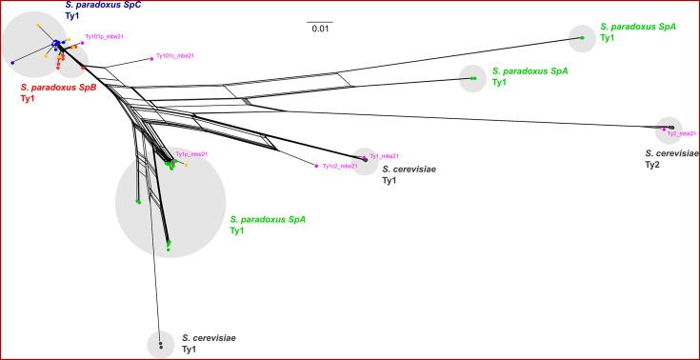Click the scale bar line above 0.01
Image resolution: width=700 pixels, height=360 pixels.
(320, 20)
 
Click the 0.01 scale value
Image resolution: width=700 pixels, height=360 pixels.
(320, 29)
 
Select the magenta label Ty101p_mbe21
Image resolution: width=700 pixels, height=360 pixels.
(106, 37)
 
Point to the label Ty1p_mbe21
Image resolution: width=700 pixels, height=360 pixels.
(191, 154)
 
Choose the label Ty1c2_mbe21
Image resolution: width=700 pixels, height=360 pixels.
(340, 166)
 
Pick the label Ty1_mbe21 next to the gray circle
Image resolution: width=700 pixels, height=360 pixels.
(384, 156)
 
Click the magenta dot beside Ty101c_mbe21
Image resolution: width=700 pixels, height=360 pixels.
(151, 58)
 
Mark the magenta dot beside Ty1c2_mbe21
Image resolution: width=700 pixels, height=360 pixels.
(316, 167)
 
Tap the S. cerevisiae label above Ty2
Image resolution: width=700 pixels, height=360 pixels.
(671, 152)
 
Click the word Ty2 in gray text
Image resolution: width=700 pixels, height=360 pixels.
(653, 165)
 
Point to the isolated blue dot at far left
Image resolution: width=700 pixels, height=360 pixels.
(12, 63)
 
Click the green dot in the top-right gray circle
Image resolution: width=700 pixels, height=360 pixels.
(582, 37)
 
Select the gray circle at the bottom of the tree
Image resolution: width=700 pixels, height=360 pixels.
(161, 344)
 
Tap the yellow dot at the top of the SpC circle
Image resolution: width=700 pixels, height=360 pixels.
(37, 24)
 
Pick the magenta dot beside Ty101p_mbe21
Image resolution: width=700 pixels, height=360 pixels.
(82, 43)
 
